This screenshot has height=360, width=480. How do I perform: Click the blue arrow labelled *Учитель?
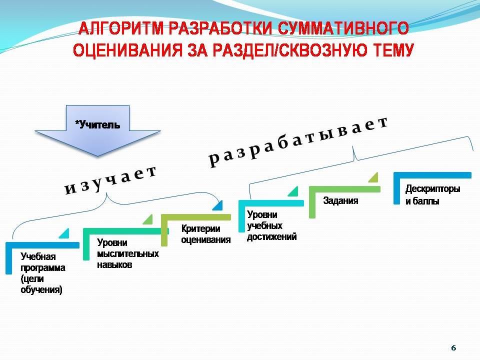click(97, 128)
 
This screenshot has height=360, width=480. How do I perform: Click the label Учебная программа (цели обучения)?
click(42, 273)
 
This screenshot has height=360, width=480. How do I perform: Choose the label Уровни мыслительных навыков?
click(127, 254)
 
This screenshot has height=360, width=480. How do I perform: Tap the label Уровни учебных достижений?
click(272, 225)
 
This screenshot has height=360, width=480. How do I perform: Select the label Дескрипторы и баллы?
click(432, 195)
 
